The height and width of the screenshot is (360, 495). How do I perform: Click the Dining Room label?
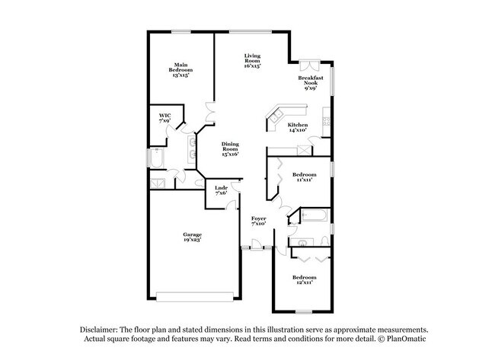tap(231, 150)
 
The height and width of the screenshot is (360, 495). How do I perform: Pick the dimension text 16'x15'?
tap(253, 66)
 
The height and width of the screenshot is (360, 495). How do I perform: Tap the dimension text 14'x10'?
tap(297, 130)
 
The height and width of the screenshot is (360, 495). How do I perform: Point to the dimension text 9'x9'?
tap(311, 88)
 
